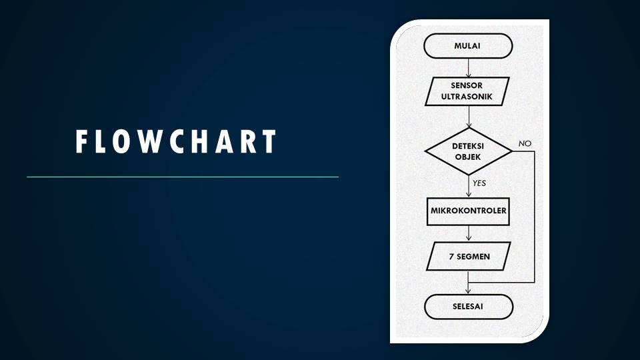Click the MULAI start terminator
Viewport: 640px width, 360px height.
[468, 46]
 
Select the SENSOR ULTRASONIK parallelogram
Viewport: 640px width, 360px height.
[467, 91]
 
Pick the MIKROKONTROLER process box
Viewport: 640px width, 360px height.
[469, 211]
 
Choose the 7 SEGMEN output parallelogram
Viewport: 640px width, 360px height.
[469, 255]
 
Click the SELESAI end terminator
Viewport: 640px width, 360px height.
[468, 307]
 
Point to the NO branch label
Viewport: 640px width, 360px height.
[525, 144]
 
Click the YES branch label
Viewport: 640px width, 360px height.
[479, 182]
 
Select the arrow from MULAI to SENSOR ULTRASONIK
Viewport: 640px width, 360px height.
[469, 67]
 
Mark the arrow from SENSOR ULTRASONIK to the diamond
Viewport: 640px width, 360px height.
[469, 117]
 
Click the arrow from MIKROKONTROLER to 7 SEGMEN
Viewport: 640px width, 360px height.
[469, 233]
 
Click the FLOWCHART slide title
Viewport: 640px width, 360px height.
[176, 142]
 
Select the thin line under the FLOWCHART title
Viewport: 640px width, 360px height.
[182, 177]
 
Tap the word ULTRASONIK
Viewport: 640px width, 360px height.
[467, 97]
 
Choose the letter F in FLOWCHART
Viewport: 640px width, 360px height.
[82, 142]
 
